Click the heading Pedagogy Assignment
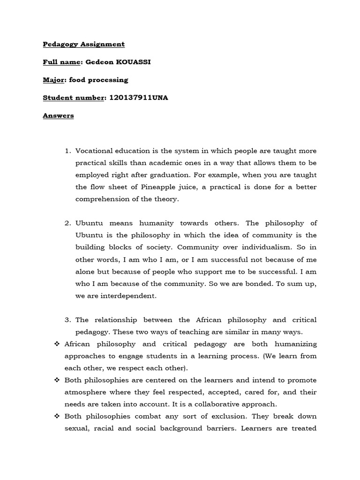pyautogui.click(x=84, y=44)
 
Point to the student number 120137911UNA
pyautogui.click(x=138, y=97)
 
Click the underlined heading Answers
pyautogui.click(x=58, y=115)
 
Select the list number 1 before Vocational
pyautogui.click(x=67, y=151)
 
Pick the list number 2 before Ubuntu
pyautogui.click(x=67, y=223)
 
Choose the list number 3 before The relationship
pyautogui.click(x=67, y=320)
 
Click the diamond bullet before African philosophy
pyautogui.click(x=57, y=344)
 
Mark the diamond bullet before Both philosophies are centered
pyautogui.click(x=57, y=380)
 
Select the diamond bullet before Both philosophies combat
pyautogui.click(x=57, y=416)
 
